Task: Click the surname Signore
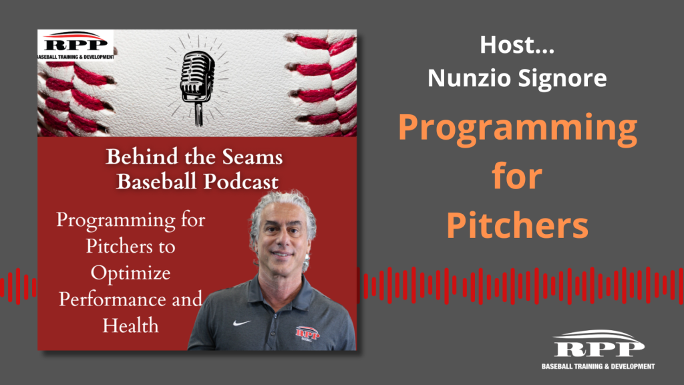click(562, 78)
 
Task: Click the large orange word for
click(517, 176)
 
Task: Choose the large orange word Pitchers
click(518, 225)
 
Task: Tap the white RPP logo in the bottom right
click(598, 344)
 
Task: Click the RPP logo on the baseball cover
click(75, 45)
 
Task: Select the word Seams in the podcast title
click(252, 156)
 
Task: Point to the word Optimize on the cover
click(130, 273)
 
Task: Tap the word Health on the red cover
click(130, 326)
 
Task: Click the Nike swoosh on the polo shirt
click(241, 323)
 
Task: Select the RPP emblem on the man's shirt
click(307, 334)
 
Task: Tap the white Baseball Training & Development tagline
click(598, 366)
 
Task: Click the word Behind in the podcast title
click(136, 156)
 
